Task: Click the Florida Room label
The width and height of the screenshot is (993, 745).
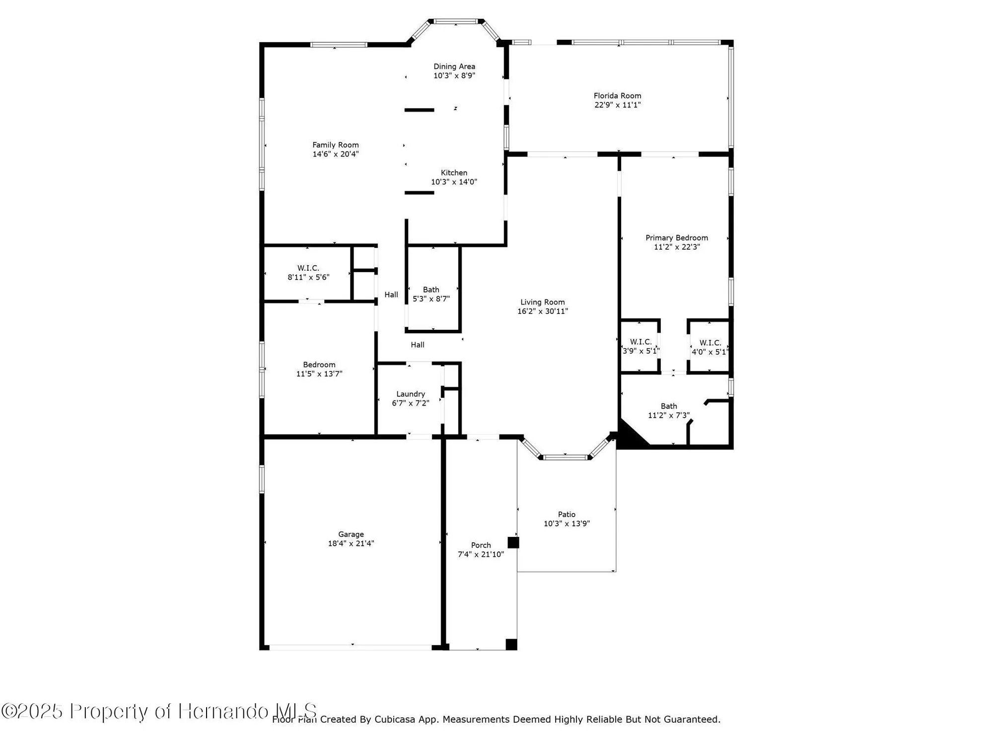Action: pyautogui.click(x=617, y=95)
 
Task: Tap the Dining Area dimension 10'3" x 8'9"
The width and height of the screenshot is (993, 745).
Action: pyautogui.click(x=454, y=76)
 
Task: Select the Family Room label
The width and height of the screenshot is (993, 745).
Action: pyautogui.click(x=335, y=145)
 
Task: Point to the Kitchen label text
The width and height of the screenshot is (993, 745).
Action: pyautogui.click(x=454, y=172)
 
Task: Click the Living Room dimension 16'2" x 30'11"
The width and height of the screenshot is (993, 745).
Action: pyautogui.click(x=542, y=311)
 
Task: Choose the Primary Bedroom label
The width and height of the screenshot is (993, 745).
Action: pyautogui.click(x=676, y=237)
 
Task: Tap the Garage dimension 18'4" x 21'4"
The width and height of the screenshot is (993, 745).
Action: pyautogui.click(x=351, y=543)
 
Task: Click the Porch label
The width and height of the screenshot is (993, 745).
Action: pyautogui.click(x=481, y=545)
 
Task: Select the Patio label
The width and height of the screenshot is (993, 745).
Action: pyautogui.click(x=567, y=514)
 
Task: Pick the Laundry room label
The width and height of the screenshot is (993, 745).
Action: pyautogui.click(x=410, y=394)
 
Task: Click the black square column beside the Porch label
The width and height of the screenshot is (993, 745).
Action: pyautogui.click(x=513, y=542)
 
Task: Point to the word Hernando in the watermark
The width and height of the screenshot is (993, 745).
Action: pyautogui.click(x=223, y=711)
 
